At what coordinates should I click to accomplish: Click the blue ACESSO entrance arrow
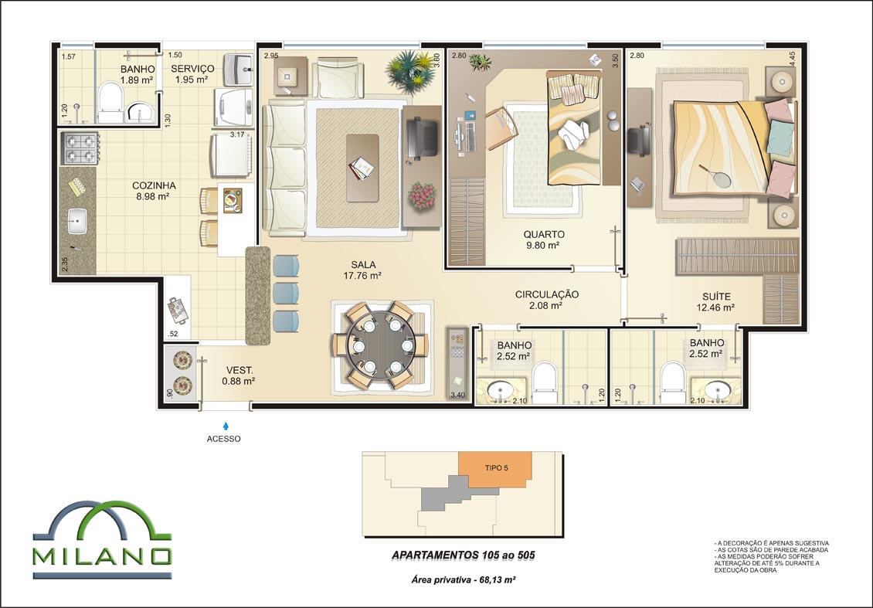point(226,426)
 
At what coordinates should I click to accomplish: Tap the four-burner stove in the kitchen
point(80,148)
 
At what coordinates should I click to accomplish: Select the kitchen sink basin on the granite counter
point(76,221)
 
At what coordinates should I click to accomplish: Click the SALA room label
point(363,265)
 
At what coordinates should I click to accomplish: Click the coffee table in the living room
point(362,168)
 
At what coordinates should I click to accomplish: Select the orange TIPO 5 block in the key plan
point(495,470)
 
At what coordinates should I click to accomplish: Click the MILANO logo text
point(102,556)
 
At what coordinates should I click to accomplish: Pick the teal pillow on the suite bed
point(780,138)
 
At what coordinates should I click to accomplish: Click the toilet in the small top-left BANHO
point(110,102)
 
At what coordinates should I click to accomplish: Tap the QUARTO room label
point(543,234)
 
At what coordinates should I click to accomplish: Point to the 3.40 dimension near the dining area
point(457,396)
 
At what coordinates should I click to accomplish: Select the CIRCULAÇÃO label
point(547,294)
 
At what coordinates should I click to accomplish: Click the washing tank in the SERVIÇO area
point(238,69)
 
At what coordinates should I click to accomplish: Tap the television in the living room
point(423,139)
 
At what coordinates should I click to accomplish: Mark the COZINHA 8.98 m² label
point(154,191)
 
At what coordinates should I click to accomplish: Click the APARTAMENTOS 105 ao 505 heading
point(464,555)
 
